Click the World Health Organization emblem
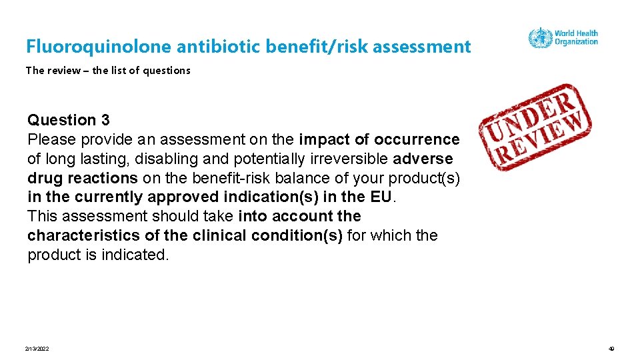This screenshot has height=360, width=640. [539, 38]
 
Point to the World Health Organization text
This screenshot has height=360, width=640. [576, 37]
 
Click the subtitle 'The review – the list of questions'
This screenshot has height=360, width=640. [108, 70]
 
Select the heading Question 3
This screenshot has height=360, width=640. [69, 120]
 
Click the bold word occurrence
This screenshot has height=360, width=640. [417, 139]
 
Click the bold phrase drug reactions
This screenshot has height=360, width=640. [83, 178]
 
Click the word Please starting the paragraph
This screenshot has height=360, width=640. [51, 139]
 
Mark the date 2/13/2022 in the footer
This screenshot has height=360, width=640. [37, 349]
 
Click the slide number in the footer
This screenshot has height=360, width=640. [611, 349]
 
